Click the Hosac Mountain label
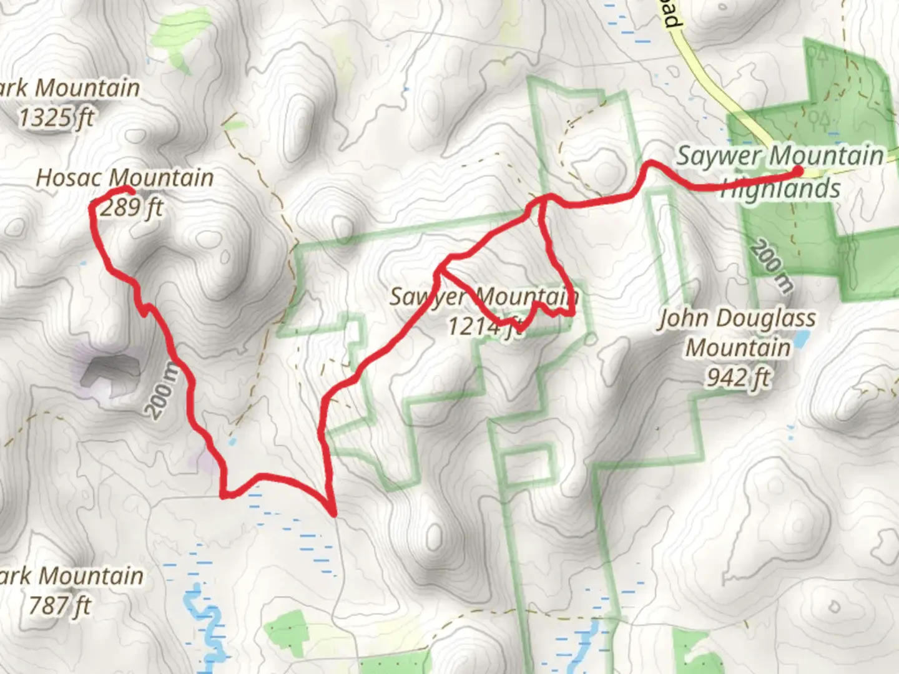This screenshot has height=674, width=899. tap(125, 178)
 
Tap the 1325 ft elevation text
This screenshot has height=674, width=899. tap(56, 117)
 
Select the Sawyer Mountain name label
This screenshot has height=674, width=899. tap(484, 296)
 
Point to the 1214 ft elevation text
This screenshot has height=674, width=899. tap(485, 326)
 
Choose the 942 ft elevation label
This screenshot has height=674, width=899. tap(738, 377)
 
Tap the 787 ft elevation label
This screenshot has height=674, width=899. tap(60, 605)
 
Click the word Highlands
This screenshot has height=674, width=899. tap(780, 188)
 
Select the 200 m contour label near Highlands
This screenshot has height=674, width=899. tap(772, 266)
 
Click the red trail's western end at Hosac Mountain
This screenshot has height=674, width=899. tap(129, 190)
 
